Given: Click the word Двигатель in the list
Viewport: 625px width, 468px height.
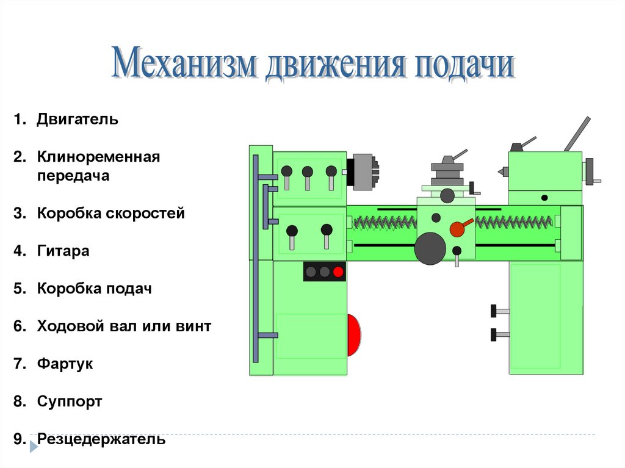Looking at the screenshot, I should coord(77,119).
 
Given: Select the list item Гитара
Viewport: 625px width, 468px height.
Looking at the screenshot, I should coord(63,251).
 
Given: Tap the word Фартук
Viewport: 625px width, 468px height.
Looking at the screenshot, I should coord(65,364).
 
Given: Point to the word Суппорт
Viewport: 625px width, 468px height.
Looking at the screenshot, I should coord(69,402).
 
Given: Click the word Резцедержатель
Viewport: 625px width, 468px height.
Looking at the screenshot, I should coord(101,439).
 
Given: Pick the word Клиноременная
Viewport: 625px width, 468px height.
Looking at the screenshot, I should coord(98,157).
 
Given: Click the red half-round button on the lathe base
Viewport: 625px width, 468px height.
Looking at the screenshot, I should coord(353,335).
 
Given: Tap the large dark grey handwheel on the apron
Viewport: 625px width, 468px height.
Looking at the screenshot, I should coord(430,248).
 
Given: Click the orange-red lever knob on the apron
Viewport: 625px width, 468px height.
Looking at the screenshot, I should coord(457,229).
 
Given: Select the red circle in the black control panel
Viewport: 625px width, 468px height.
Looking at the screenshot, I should coord(338,272).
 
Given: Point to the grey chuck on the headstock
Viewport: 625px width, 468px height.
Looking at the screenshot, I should coord(364,171).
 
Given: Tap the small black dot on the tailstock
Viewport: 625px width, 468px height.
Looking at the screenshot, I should coord(544,198).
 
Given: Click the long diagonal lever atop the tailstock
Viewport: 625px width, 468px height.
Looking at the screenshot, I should coord(577,134).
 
